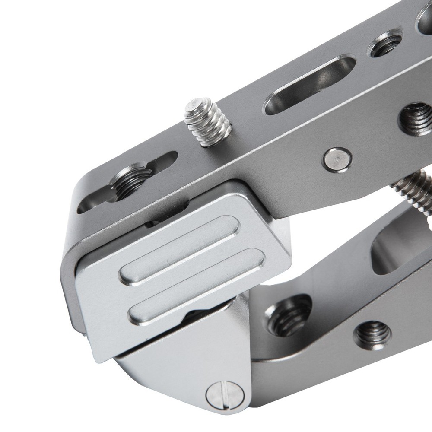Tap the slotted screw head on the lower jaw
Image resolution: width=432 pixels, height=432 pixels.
225,396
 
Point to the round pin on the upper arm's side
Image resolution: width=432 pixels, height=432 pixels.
337,160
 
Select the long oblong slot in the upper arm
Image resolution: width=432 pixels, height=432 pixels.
309,84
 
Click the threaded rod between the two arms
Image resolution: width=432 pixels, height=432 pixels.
413,190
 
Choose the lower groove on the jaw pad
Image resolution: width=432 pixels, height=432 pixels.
197,287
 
